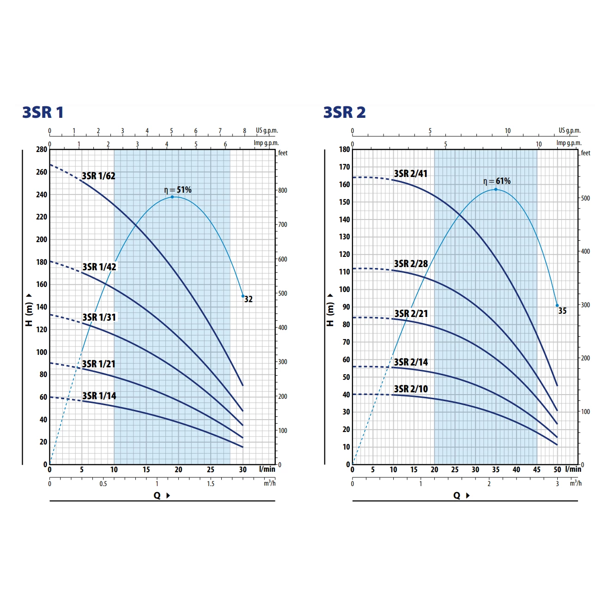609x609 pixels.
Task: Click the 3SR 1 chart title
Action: point(43,112)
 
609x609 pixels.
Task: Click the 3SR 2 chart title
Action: point(344,112)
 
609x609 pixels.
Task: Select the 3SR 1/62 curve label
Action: point(98,176)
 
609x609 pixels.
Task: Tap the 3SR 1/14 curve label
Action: point(99,396)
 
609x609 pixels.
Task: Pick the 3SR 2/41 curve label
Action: point(411,174)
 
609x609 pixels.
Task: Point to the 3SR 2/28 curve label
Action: point(411,264)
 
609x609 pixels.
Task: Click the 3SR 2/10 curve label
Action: point(411,389)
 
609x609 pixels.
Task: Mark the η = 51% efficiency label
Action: point(178,190)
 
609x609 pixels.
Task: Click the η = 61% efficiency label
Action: point(497,181)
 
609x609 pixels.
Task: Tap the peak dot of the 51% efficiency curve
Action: point(172,197)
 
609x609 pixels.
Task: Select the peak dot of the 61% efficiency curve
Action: point(496,189)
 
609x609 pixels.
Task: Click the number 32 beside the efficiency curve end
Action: point(249,299)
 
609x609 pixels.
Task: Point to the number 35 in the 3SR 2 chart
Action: point(562,311)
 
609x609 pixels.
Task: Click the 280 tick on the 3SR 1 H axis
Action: point(42,150)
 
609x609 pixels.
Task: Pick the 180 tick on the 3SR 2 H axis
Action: point(344,150)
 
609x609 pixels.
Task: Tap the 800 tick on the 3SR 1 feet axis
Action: point(282,190)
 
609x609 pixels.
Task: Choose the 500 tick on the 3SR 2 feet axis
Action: point(585,198)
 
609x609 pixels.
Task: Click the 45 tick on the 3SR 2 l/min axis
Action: point(536,470)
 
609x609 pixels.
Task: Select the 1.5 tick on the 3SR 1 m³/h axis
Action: point(211,484)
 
